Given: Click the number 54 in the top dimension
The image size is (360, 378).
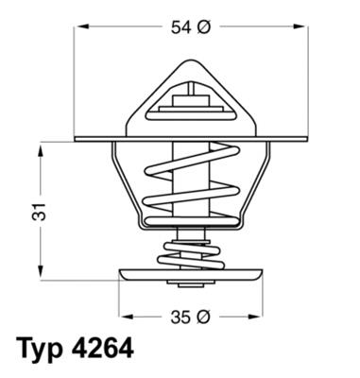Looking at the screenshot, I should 180,28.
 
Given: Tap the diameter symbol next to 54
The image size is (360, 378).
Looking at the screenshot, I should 202,28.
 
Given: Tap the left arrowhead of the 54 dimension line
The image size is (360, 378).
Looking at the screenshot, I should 79,28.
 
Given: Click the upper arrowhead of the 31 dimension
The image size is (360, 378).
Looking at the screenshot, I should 41,147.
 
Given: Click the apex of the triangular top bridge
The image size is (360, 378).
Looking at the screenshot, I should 193,59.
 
